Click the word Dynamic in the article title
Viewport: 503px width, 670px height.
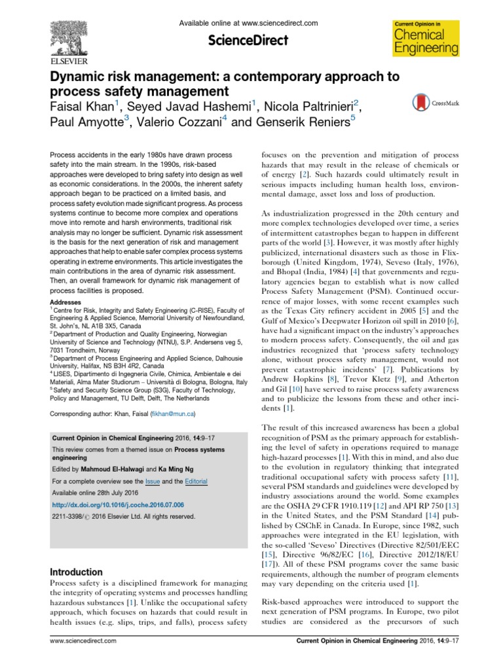point(81,77)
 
